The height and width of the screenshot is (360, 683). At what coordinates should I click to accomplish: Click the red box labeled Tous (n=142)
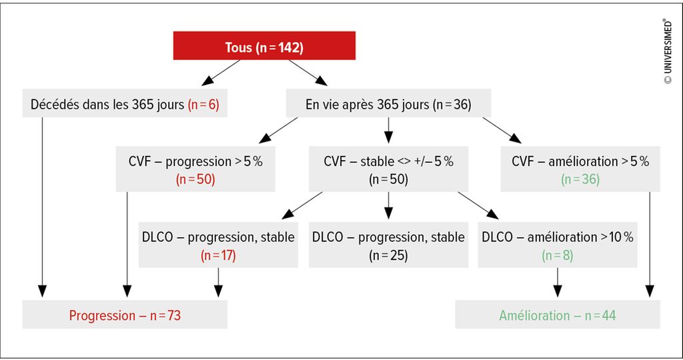click(x=264, y=45)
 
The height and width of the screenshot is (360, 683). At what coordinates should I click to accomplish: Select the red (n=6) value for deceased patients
click(x=203, y=105)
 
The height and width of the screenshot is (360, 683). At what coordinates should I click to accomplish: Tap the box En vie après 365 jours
click(x=388, y=103)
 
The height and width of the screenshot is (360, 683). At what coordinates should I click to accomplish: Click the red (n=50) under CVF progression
click(x=195, y=179)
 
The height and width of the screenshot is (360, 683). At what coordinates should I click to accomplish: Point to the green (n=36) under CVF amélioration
click(x=580, y=179)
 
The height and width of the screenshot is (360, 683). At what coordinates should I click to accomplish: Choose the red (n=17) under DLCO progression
click(x=218, y=255)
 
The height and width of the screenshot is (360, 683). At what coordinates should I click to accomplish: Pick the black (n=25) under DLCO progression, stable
click(x=388, y=255)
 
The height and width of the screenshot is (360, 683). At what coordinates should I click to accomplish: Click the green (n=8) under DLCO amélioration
click(x=557, y=255)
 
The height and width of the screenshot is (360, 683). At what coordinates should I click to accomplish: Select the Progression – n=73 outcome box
click(x=125, y=314)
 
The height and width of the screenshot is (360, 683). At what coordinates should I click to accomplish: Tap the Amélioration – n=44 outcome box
click(x=558, y=314)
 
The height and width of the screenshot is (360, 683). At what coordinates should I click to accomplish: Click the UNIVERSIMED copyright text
click(x=667, y=51)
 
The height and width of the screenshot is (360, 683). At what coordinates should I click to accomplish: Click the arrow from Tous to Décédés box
click(x=221, y=72)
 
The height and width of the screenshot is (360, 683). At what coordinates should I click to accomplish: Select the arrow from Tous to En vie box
click(x=307, y=72)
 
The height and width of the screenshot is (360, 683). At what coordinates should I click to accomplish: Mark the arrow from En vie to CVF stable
click(x=389, y=130)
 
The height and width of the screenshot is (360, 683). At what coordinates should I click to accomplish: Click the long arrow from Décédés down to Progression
click(x=42, y=207)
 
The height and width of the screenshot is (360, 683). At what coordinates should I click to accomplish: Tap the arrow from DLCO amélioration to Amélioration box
click(x=557, y=283)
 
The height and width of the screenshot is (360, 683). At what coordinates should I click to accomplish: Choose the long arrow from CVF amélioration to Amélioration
click(x=650, y=244)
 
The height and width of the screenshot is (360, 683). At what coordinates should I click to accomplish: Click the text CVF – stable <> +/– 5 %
click(x=389, y=161)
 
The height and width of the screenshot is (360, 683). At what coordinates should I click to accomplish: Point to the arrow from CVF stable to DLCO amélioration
click(x=478, y=205)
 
